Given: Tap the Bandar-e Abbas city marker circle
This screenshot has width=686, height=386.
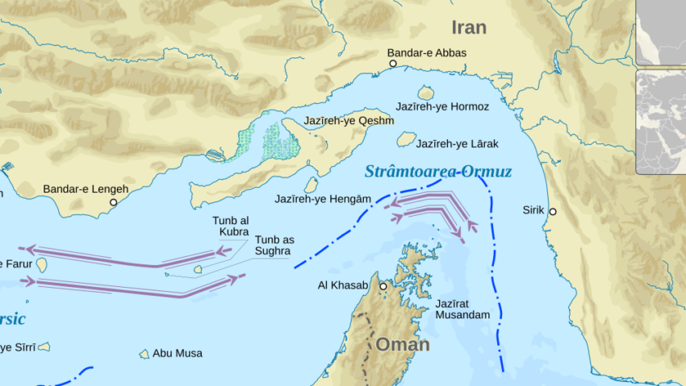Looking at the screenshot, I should [393, 63].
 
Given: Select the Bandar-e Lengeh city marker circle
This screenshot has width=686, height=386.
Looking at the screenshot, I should [114, 202].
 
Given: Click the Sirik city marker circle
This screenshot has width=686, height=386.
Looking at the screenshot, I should [553, 211].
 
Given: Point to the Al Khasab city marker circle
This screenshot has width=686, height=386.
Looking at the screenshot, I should [383, 286].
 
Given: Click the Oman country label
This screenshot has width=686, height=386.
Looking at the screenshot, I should [402, 345].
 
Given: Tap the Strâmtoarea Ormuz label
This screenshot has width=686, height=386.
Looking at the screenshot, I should [437, 172].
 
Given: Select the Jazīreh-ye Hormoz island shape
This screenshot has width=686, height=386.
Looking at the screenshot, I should [426, 93].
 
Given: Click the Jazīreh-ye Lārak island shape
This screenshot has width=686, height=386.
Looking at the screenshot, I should [406, 139].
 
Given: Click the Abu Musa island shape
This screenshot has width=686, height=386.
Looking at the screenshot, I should [144, 354].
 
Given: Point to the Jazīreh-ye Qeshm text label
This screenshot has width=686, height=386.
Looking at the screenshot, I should [349, 122].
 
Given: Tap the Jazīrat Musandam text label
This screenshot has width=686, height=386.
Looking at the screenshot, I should [462, 309].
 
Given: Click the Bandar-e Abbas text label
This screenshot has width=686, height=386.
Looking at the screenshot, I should [426, 53].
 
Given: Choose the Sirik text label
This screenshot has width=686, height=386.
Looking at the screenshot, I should [533, 210].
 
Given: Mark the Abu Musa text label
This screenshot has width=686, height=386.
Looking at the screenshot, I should [178, 354].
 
